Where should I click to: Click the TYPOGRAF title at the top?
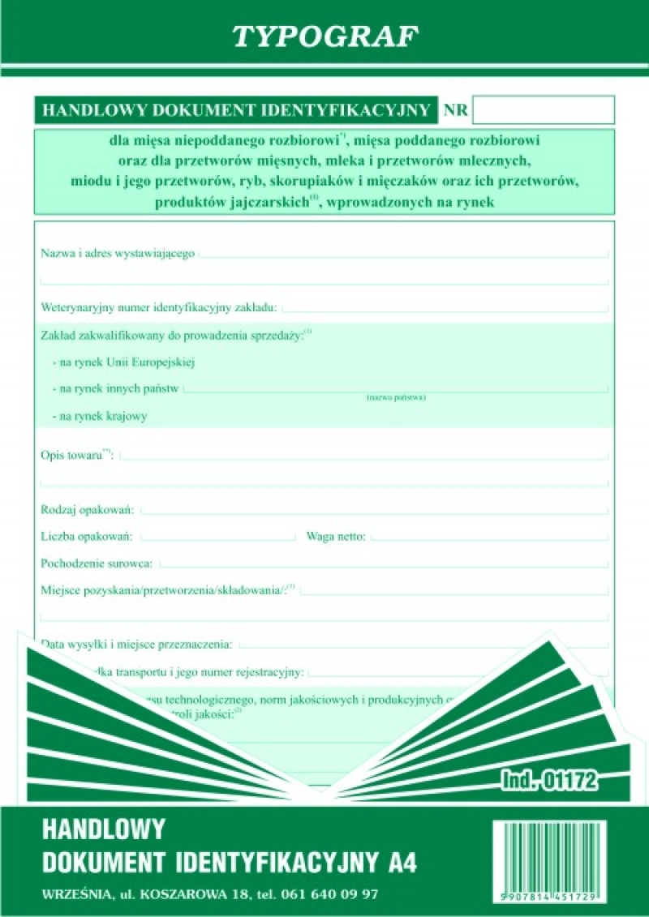325,36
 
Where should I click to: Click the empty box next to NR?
543,109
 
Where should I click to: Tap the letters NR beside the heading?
456,110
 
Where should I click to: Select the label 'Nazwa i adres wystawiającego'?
118,254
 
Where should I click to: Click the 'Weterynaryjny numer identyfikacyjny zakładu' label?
159,307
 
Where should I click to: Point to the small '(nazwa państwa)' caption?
396,397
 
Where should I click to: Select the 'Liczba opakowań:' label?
89,536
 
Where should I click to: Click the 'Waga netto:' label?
336,536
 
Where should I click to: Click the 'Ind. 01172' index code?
549,781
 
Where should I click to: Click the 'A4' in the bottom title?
401,861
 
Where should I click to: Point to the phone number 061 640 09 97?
329,894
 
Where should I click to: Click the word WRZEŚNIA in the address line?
74,894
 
